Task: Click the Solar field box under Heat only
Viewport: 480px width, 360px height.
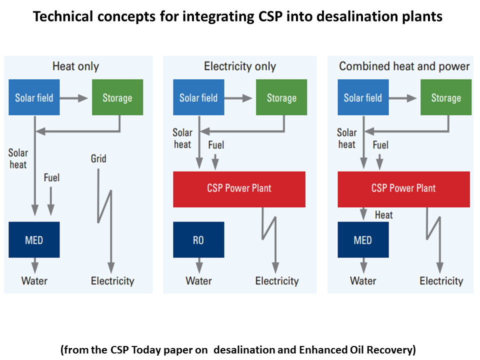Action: [x=34, y=97]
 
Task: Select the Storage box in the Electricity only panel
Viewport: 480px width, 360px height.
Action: [x=281, y=97]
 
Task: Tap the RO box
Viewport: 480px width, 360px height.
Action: [x=198, y=240]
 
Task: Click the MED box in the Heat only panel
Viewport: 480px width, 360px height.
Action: [x=34, y=240]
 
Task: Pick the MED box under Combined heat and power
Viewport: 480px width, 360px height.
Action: [x=363, y=240]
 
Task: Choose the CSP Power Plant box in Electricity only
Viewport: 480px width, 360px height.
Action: [x=239, y=188]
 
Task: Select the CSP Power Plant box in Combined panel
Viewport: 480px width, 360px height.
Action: [x=403, y=188]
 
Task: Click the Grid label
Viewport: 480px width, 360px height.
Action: [x=98, y=159]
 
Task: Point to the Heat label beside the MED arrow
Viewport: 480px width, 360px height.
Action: [x=383, y=215]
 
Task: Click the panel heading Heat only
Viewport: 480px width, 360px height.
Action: [x=75, y=66]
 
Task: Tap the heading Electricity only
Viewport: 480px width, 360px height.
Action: [x=239, y=66]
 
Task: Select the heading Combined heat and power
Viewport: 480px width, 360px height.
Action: [x=404, y=66]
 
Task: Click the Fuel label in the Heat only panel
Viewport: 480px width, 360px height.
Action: [x=51, y=177]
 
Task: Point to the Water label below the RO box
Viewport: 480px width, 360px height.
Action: [x=198, y=281]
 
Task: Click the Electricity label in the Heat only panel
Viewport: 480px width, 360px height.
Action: [x=112, y=281]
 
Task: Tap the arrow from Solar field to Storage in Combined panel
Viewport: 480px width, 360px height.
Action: [x=404, y=97]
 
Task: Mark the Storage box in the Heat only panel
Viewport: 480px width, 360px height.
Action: [x=117, y=97]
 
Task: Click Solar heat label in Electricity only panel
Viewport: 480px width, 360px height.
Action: [x=182, y=138]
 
